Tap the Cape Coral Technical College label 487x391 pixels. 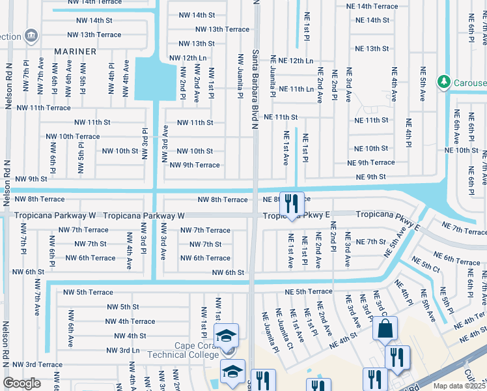tap(196, 351)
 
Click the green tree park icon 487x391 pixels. tap(443, 81)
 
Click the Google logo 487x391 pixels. tap(21, 383)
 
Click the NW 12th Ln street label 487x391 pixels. tap(188, 58)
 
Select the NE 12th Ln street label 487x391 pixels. tap(292, 61)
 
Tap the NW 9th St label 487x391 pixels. tap(31, 179)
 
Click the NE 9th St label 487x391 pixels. tap(370, 177)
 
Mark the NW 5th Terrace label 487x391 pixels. tap(86, 293)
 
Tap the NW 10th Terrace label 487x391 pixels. tap(73, 136)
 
